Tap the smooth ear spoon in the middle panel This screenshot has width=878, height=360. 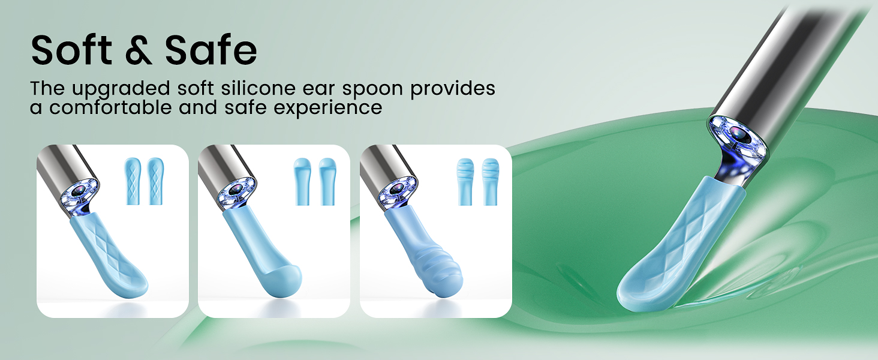point(264,258)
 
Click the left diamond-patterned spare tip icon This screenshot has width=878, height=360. point(133,182)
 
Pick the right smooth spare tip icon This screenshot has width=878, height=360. point(327,182)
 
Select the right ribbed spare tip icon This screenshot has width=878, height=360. point(490,182)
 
